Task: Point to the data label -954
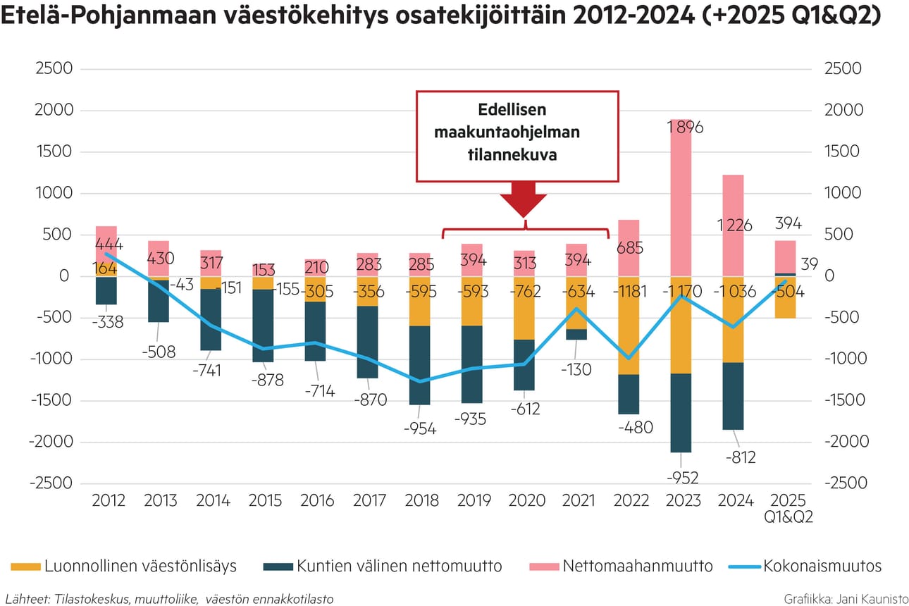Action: tap(420, 428)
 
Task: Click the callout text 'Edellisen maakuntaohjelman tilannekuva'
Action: tap(517, 133)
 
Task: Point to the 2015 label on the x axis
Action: tap(264, 500)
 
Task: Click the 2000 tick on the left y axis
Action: tap(54, 111)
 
